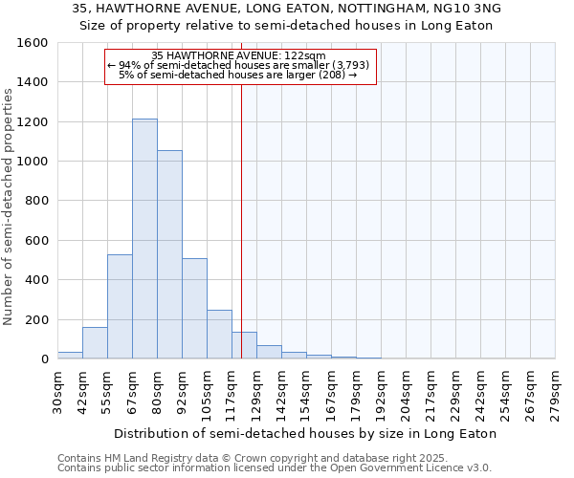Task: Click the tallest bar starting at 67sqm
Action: [x=144, y=239]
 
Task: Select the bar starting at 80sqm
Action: [x=169, y=254]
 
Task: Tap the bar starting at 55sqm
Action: [x=120, y=306]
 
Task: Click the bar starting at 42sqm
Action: [x=95, y=342]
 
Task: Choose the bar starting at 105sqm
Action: [x=219, y=334]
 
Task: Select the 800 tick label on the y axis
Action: [x=36, y=201]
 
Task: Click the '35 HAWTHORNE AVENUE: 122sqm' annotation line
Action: [x=239, y=55]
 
